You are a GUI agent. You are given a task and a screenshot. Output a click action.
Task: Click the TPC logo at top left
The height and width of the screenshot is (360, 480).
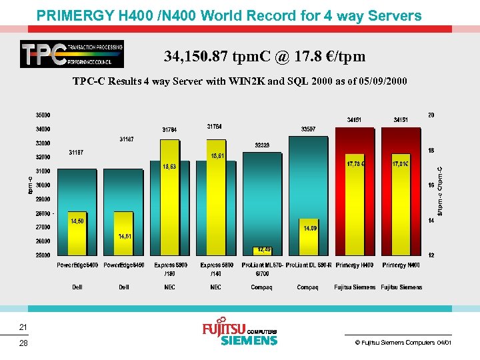pos(71,54)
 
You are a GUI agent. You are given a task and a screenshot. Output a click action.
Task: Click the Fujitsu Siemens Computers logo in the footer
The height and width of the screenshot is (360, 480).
pos(239,332)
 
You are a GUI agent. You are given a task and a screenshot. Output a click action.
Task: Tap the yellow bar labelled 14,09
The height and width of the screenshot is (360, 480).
pos(310,239)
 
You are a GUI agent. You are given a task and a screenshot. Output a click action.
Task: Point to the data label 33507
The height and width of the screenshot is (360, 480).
pos(309,129)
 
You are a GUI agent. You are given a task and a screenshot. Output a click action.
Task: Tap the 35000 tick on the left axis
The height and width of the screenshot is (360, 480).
pos(43,115)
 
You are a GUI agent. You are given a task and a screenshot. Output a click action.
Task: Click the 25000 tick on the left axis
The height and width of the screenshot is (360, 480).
pos(43,255)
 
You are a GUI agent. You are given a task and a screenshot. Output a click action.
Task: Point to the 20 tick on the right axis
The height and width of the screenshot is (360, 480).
pos(431,115)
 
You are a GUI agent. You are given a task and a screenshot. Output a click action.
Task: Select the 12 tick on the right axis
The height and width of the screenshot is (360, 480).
pos(431,255)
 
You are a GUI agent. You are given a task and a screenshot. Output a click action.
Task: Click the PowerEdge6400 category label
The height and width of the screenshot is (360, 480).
pos(77,265)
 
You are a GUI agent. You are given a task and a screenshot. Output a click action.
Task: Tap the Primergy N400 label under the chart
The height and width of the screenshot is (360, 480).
pos(401,265)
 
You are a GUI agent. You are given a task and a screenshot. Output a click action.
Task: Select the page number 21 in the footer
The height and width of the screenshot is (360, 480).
pos(23,327)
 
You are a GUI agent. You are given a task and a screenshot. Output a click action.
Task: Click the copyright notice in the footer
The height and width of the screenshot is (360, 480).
pos(403,342)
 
